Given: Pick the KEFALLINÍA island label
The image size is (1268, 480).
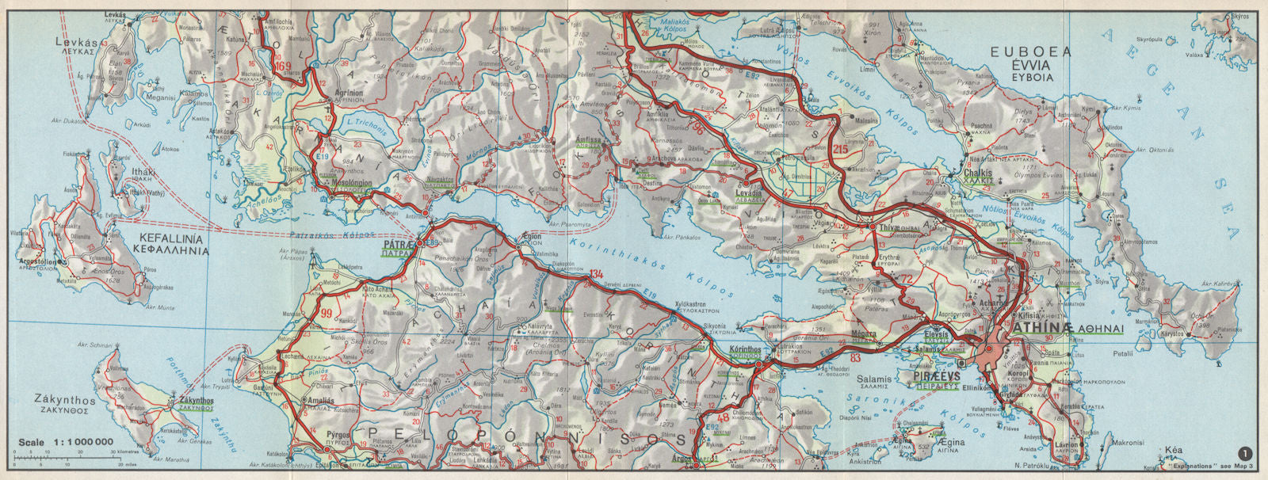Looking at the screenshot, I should (x=171, y=238).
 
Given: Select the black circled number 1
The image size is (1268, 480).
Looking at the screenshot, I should (x=1248, y=453).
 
